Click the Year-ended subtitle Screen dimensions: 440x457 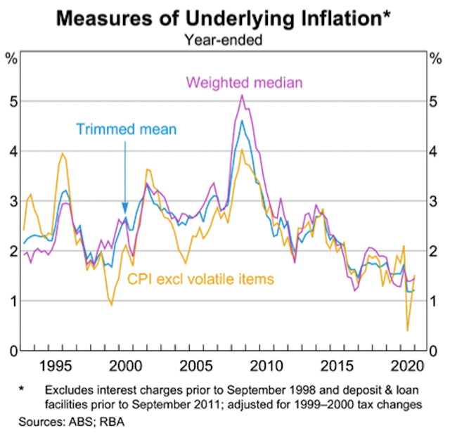tap(223, 40)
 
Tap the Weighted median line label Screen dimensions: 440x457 tap(244, 83)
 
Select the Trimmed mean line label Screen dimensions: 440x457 tap(126, 129)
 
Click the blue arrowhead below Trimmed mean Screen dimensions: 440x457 tap(125, 209)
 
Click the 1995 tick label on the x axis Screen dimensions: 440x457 tap(57, 366)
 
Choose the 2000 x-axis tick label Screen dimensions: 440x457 tap(127, 366)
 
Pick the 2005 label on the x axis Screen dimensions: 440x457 tap(196, 366)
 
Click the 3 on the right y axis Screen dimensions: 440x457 tap(436, 202)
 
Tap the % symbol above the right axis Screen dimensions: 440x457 tap(436, 58)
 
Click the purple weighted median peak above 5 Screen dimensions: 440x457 tap(243, 95)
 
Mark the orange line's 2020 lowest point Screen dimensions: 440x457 tap(408, 330)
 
